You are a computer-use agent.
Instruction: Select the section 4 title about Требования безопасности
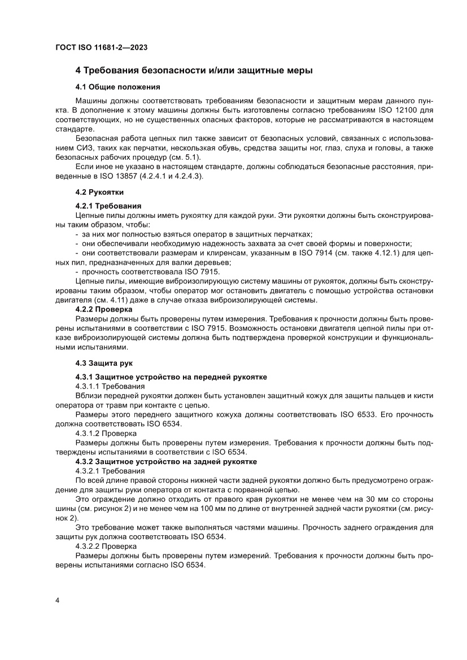tap(194, 71)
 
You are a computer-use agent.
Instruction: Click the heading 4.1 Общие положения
tap(117, 87)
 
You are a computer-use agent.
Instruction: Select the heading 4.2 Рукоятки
tap(99, 192)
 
